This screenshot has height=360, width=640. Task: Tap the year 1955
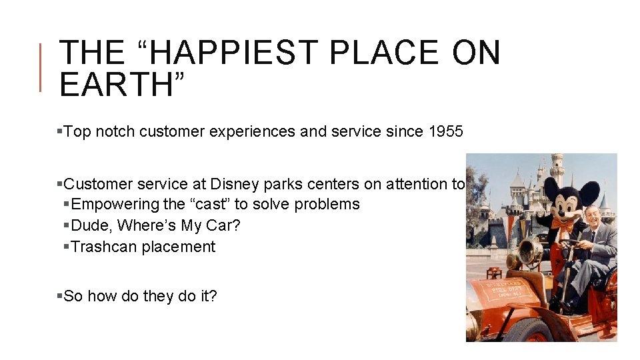(445, 131)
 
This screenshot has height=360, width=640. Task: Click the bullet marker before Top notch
(60, 132)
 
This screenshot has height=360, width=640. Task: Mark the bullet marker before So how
(60, 296)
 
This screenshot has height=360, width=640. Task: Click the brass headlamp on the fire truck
(531, 253)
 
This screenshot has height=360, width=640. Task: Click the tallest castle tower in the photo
(557, 167)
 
